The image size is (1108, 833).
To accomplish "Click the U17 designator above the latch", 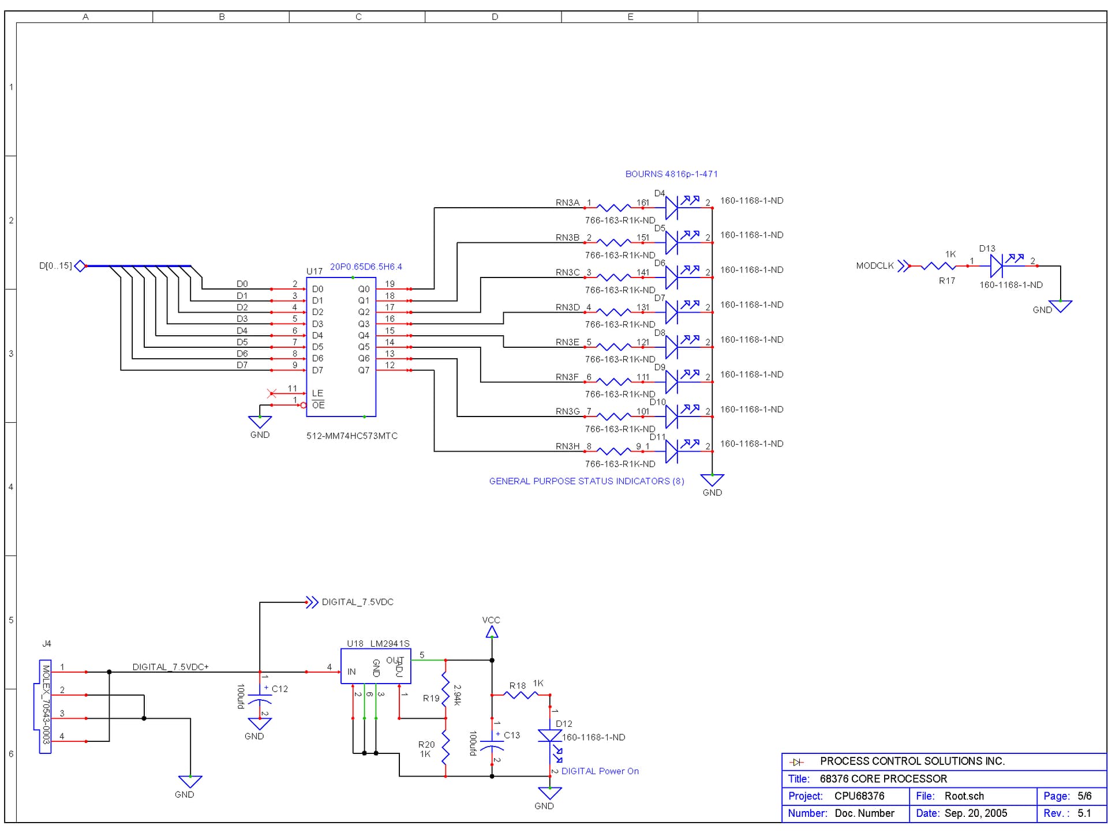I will (x=315, y=271).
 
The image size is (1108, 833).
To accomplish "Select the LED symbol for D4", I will (x=672, y=208).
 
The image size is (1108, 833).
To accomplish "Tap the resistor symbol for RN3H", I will (x=614, y=451).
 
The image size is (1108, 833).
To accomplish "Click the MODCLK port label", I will (x=875, y=266).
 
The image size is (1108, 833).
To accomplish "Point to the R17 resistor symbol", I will (x=938, y=266).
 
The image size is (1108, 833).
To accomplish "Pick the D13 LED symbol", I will (x=997, y=266).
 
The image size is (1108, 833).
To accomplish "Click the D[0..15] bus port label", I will (x=55, y=266).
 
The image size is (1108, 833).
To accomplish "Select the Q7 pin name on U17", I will (x=364, y=370).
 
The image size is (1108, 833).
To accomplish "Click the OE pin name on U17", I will (x=318, y=405).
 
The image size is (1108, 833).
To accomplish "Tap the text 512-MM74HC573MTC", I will (x=352, y=436).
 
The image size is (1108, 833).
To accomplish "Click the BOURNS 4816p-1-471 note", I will (x=671, y=174).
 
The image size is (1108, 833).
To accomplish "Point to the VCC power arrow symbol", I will (x=492, y=632).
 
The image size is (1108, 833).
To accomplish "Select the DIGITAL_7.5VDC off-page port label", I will (x=357, y=602).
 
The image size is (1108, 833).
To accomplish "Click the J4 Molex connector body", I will (x=46, y=707).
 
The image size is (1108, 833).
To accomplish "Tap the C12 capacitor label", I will (x=280, y=689).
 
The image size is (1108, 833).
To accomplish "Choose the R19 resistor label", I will (x=431, y=699).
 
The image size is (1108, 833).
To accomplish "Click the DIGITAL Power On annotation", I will (x=600, y=771).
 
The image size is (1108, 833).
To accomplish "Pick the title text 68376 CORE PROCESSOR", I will (x=883, y=779).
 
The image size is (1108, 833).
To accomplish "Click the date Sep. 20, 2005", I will (x=975, y=813).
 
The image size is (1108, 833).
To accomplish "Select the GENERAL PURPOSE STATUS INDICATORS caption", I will (x=586, y=481).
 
